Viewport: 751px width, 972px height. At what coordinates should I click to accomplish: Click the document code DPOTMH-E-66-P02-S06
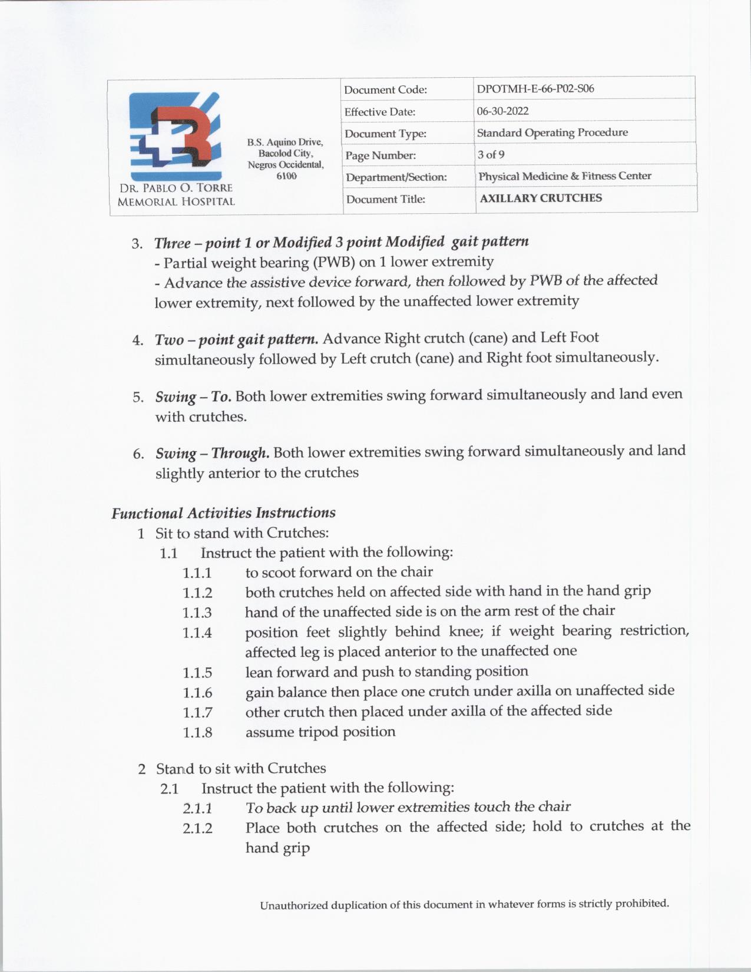(535, 89)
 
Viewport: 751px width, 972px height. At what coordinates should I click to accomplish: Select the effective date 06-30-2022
(502, 111)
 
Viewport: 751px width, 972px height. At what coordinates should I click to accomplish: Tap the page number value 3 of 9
(491, 154)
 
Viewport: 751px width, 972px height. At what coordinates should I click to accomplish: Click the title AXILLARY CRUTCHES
(541, 198)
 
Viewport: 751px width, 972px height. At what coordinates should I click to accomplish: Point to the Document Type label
(385, 134)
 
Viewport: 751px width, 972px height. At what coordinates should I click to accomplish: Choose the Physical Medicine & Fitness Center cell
(564, 176)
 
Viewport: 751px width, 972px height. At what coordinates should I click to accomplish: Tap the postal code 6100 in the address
(286, 176)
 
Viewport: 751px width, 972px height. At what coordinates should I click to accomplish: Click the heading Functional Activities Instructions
(223, 513)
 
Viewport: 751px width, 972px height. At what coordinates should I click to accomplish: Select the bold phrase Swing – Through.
(213, 453)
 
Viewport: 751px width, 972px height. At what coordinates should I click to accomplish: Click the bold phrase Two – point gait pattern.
(236, 339)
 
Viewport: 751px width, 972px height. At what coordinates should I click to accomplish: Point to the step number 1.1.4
(197, 633)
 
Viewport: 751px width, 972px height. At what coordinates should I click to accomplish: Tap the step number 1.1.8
(197, 732)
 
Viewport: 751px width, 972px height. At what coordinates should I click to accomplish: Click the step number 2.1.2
(197, 828)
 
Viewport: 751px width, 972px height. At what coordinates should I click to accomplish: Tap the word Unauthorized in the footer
(294, 905)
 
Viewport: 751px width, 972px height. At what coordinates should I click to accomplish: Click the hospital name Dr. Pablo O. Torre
(176, 189)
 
